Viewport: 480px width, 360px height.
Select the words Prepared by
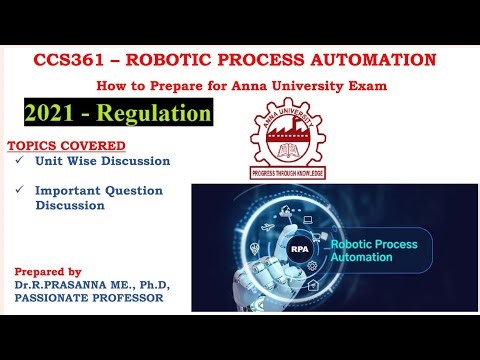pyautogui.click(x=48, y=271)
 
